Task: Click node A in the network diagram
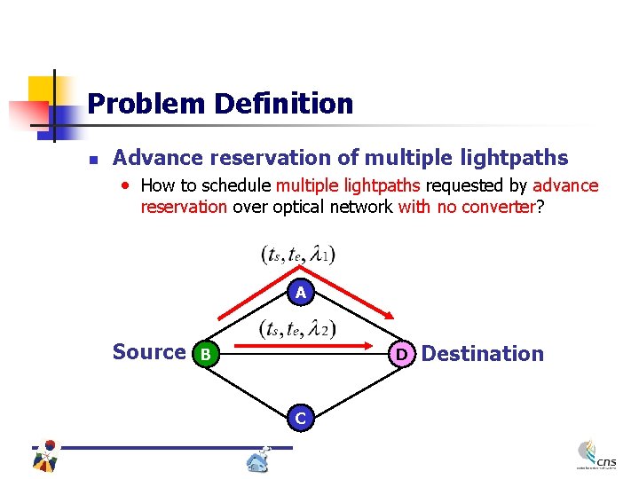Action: pos(301,292)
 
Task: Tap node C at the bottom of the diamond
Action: pos(301,417)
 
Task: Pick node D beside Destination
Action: pos(401,354)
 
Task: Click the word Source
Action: pos(148,352)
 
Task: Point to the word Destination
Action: pos(482,354)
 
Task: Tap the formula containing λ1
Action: pos(298,255)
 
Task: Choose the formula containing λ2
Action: pos(298,329)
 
